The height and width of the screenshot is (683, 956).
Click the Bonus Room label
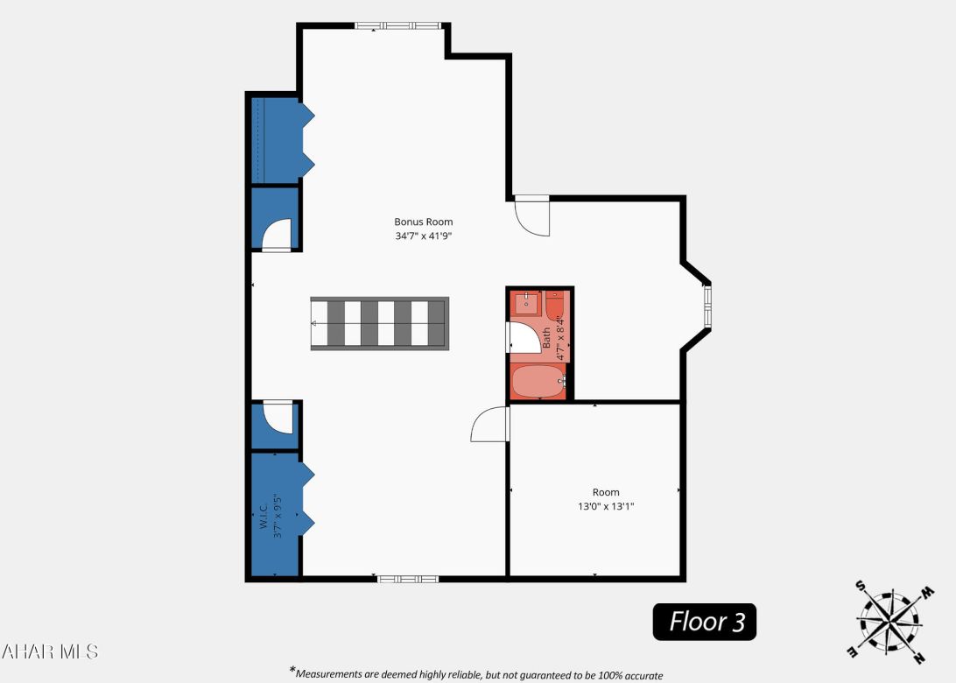tap(423, 222)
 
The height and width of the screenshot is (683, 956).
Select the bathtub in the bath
tap(538, 382)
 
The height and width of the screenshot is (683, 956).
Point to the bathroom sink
tap(526, 303)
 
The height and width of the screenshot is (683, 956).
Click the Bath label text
tap(546, 338)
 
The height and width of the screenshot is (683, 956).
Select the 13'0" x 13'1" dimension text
tap(605, 506)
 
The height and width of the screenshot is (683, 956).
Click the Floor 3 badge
tap(705, 622)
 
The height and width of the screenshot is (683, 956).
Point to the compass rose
tap(888, 623)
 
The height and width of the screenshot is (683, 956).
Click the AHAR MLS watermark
tap(50, 651)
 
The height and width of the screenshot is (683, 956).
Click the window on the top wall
tap(398, 26)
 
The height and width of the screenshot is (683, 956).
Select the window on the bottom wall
tap(407, 579)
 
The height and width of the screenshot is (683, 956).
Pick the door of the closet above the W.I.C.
tap(278, 417)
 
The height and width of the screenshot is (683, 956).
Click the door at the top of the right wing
tap(532, 215)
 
